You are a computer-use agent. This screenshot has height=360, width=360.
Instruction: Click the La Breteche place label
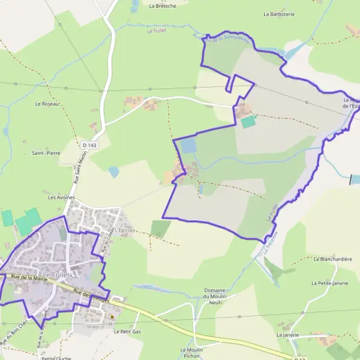click(162, 6)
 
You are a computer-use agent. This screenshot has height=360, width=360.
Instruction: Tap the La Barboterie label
click(280, 13)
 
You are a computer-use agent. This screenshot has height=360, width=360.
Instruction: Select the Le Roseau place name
click(46, 104)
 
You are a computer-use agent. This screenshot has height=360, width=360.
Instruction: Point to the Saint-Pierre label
click(46, 153)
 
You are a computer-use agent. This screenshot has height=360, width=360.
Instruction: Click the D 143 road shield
click(89, 145)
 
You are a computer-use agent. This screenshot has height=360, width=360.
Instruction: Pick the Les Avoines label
click(60, 197)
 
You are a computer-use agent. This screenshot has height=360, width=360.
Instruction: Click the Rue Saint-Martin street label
click(78, 168)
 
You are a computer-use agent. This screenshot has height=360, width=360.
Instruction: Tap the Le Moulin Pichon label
click(191, 353)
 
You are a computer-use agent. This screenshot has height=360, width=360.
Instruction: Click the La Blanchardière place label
click(332, 259)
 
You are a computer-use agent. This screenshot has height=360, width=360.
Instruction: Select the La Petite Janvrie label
click(329, 282)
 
